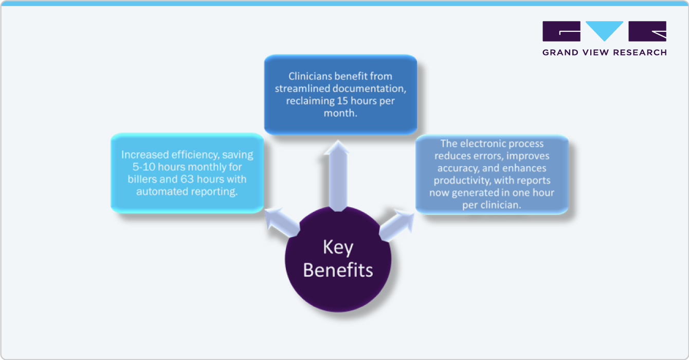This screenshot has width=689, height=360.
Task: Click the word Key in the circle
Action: click(x=338, y=248)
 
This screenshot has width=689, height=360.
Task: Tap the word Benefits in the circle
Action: click(x=338, y=270)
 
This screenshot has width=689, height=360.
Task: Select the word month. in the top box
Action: click(x=341, y=113)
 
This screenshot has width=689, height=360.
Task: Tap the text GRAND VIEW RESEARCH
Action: click(x=605, y=52)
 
